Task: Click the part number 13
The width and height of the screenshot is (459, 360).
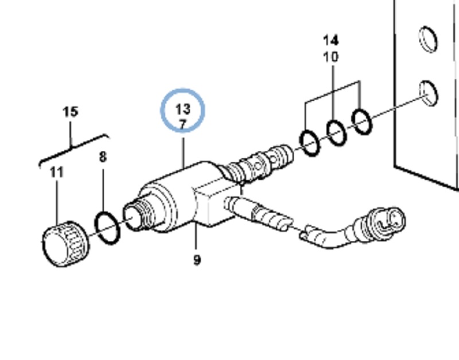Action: (183, 109)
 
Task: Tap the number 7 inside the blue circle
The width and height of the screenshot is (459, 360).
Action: (182, 124)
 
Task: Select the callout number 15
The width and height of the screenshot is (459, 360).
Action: (71, 112)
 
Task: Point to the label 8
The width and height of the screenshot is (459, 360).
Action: (103, 157)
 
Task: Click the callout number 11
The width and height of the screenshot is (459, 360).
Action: (57, 172)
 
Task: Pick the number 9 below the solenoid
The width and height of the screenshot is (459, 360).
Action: (197, 260)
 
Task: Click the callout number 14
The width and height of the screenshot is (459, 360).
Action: (331, 40)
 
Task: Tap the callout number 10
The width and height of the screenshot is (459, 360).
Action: (331, 57)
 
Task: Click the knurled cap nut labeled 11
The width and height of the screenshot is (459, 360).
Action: (66, 244)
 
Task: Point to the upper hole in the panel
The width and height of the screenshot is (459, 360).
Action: (429, 40)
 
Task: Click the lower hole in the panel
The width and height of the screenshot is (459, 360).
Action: (429, 93)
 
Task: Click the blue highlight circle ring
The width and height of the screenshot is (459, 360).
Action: (161, 110)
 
